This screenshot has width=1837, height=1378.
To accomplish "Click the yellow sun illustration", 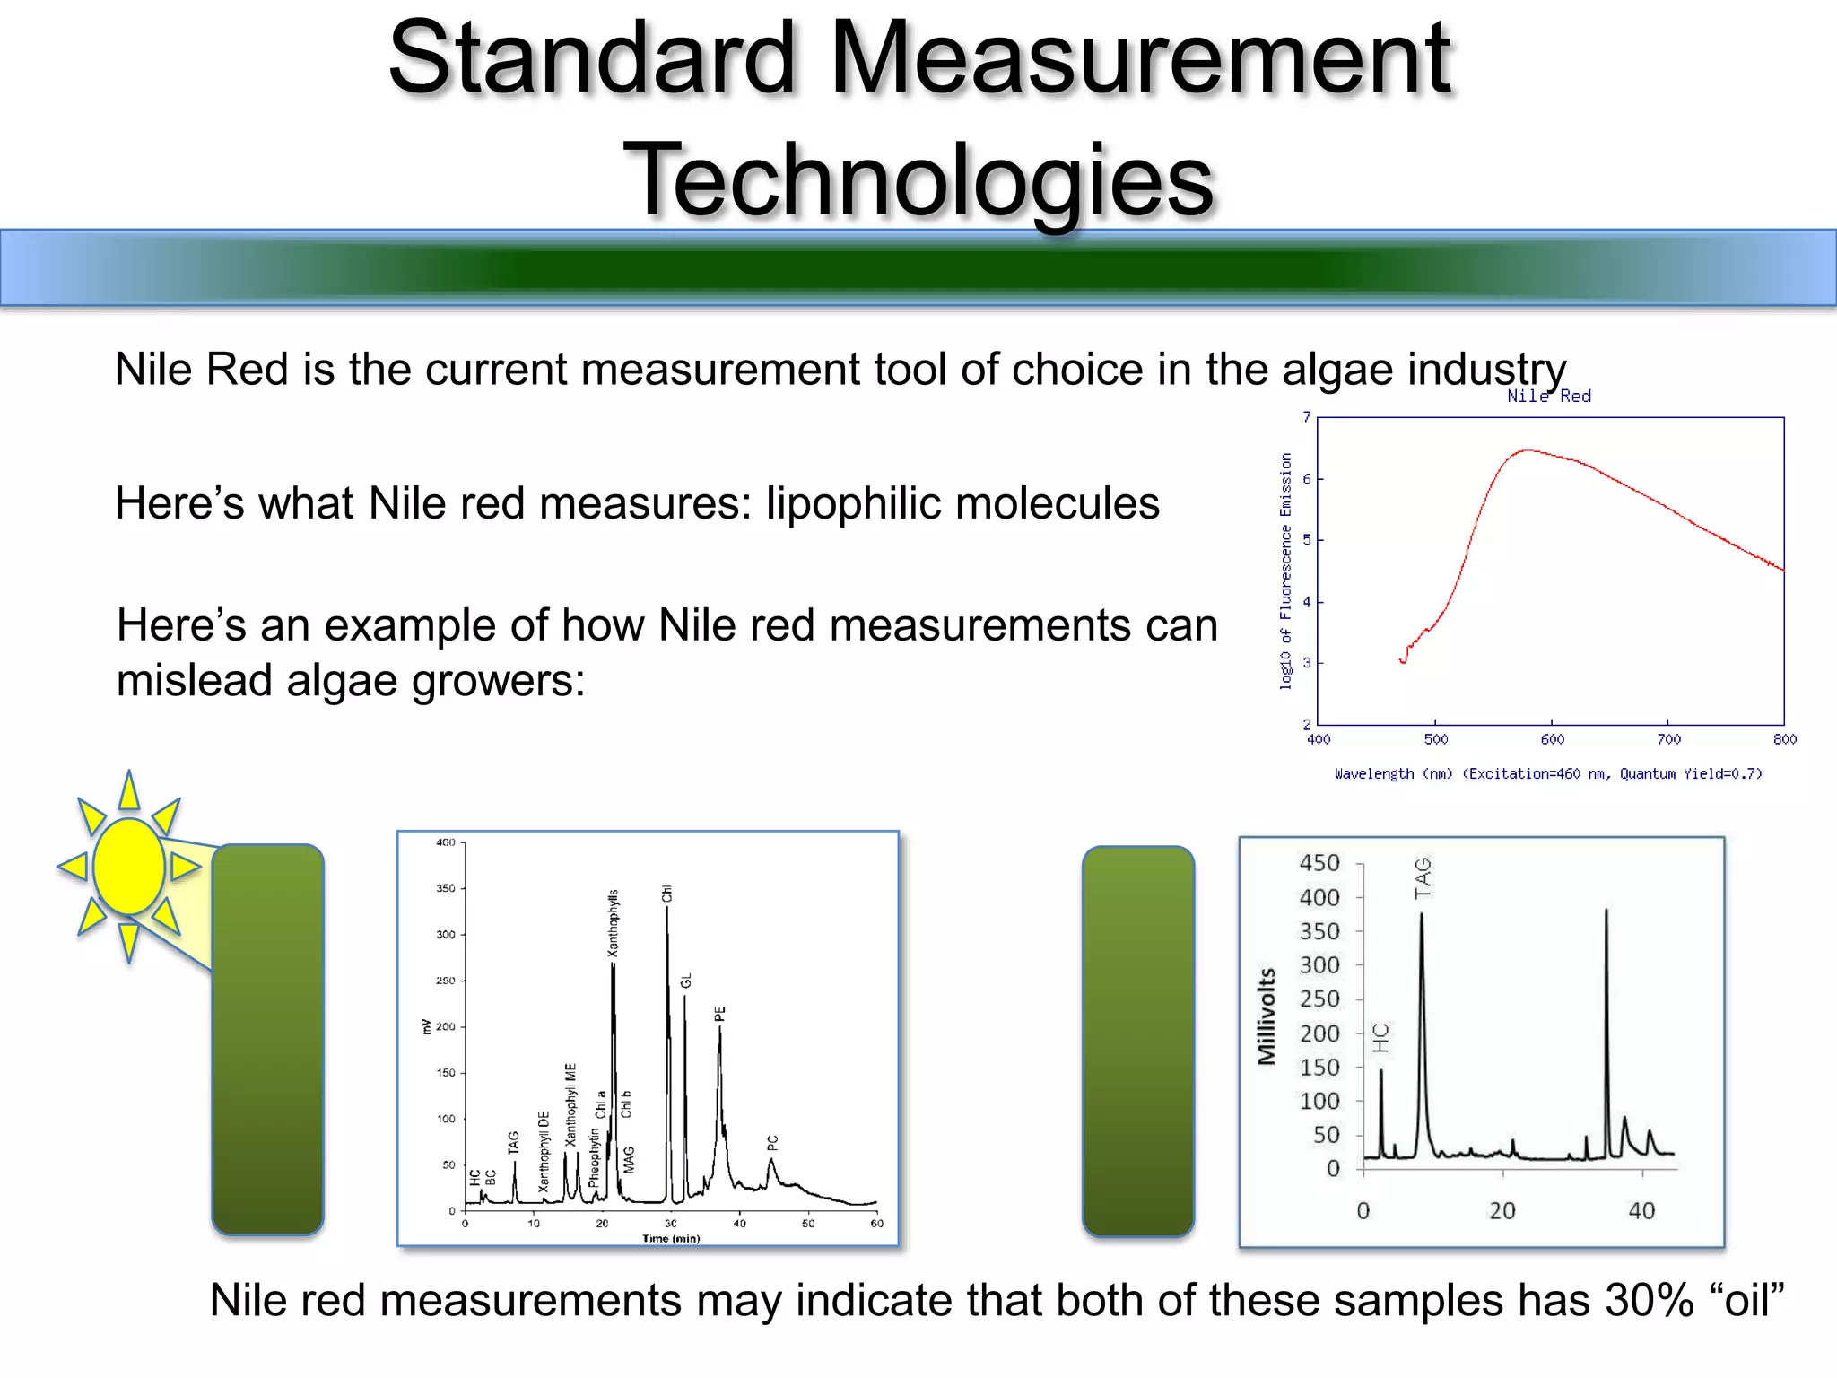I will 128,867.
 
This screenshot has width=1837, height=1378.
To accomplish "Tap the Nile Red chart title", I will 1549,396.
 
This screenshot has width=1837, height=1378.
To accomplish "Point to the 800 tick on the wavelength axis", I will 1785,739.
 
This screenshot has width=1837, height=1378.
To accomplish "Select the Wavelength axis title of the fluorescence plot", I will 1548,773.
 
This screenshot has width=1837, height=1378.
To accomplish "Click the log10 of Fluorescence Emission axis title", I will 1285,571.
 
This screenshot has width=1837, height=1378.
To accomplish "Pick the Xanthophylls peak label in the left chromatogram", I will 614,922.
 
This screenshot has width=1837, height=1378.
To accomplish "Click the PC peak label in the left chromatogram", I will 773,1142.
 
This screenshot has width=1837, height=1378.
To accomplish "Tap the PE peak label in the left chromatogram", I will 719,1014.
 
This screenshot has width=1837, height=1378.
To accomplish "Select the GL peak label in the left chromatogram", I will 686,980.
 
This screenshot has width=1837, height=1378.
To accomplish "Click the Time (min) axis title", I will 671,1238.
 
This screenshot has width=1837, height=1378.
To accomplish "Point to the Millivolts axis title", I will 1267,1016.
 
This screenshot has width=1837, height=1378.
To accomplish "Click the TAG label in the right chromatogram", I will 1423,877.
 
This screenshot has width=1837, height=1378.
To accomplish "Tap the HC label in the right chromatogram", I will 1381,1037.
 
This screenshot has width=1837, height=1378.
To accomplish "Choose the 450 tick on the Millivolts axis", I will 1319,863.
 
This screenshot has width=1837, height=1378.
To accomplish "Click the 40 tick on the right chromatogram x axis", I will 1641,1211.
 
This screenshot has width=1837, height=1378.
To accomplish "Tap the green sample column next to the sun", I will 267,1039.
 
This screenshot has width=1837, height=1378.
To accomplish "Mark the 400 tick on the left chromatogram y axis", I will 446,842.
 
